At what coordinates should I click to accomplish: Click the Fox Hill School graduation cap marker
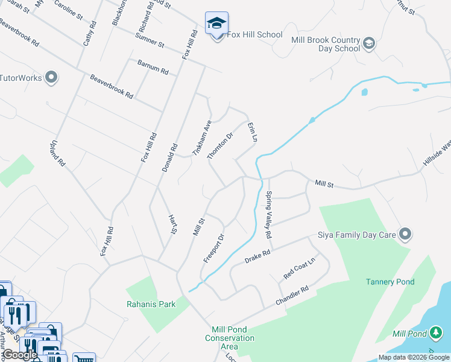tap(216, 24)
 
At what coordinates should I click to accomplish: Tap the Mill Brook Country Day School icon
tap(368, 43)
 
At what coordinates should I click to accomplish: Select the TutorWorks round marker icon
tap(51, 77)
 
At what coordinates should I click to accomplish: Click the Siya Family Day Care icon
tap(405, 233)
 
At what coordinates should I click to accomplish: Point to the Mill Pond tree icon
tap(435, 333)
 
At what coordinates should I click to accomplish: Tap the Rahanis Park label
tap(151, 304)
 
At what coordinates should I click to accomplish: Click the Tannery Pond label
tap(389, 282)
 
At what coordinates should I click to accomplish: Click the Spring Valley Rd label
tap(269, 214)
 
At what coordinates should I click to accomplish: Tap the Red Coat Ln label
tap(299, 270)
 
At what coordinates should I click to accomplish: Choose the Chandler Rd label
tap(292, 295)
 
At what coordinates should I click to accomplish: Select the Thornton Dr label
tap(220, 146)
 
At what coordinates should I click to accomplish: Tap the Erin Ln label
tap(252, 132)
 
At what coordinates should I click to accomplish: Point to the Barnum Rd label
tap(153, 67)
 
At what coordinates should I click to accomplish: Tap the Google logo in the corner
tap(20, 355)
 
